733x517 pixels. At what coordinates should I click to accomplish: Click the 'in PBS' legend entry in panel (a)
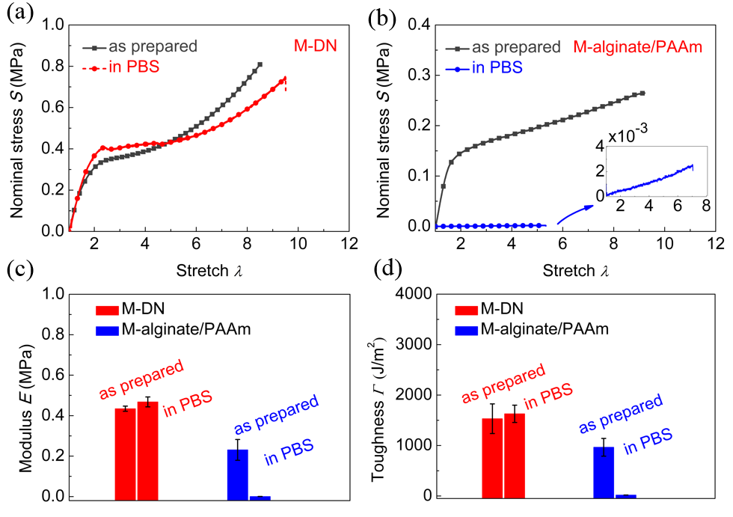coord(134,68)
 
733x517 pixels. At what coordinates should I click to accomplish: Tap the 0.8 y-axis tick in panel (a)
coord(51,65)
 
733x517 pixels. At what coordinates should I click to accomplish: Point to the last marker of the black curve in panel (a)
coord(260,64)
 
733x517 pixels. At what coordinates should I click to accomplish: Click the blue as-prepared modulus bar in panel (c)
coord(237,474)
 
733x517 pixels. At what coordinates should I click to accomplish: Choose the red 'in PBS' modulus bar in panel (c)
coord(147,450)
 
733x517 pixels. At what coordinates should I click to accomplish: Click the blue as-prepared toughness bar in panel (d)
coord(604,471)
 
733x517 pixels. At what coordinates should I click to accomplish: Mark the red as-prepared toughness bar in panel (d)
coord(492,457)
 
